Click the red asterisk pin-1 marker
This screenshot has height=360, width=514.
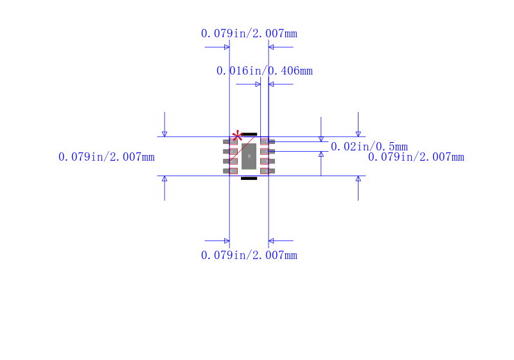pos(237,135)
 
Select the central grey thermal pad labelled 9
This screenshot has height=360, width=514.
pos(249,156)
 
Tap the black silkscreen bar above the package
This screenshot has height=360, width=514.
pos(249,134)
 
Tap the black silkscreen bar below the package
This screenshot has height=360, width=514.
pos(249,178)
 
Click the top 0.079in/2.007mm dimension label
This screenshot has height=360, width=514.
pos(249,33)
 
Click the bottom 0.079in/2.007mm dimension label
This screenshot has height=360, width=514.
pos(249,255)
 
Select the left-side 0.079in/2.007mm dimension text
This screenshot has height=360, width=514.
pos(106,157)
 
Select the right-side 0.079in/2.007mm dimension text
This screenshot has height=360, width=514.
pos(416,157)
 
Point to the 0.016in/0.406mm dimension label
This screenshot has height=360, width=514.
pos(264,71)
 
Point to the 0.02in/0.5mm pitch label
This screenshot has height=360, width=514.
pos(369,147)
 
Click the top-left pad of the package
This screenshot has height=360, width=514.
pos(230,141)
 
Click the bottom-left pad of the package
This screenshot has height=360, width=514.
pos(230,171)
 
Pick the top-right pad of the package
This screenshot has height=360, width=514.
pos(267,141)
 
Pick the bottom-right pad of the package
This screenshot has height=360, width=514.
pos(267,171)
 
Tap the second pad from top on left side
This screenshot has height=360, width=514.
pos(230,151)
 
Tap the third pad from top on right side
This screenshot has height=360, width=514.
pos(267,161)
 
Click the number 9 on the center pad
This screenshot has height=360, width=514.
pos(249,156)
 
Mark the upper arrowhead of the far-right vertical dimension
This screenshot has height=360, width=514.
pos(358,134)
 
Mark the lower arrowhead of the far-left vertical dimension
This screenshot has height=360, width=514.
pos(164,179)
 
